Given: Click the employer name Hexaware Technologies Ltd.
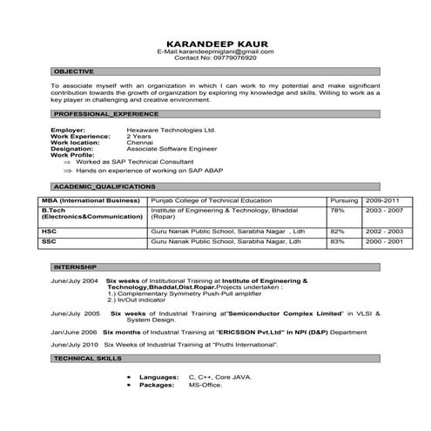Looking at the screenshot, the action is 170,130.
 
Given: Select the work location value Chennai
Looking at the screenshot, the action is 140,142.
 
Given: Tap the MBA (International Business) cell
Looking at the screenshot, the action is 91,200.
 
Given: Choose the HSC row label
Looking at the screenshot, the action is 49,230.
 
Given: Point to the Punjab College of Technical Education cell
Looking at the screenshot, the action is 206,200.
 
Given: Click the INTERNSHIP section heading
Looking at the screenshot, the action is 75,265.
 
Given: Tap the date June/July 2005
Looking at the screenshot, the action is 75,311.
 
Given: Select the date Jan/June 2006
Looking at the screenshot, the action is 73,333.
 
